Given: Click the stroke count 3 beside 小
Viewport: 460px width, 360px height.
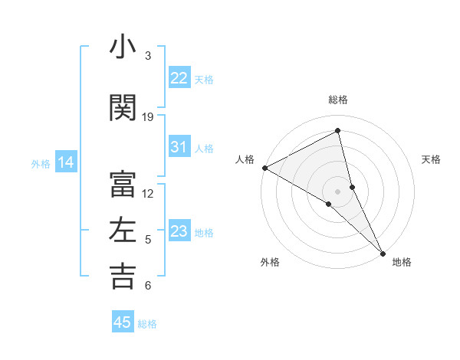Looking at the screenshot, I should (x=148, y=55).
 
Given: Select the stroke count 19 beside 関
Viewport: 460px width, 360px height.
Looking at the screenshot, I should (x=148, y=116).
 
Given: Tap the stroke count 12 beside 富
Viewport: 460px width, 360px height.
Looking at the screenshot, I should (x=148, y=193).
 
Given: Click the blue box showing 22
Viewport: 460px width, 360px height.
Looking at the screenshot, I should (x=179, y=78).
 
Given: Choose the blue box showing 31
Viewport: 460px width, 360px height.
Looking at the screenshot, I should (x=179, y=147).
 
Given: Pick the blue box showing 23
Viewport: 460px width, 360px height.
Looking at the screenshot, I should (x=179, y=231).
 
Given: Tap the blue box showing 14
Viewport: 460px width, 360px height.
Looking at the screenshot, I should (x=65, y=162).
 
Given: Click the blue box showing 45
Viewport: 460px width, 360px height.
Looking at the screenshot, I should (x=123, y=322).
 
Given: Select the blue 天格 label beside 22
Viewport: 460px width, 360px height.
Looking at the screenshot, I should (x=204, y=79).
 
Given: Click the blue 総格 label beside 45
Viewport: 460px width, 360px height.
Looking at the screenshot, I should (x=147, y=323).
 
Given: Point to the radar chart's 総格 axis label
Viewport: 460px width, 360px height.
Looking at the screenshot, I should (x=337, y=100).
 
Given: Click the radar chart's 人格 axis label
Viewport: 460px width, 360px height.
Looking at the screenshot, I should (x=245, y=159).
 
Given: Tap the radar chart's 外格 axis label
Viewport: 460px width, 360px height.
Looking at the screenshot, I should (x=270, y=262).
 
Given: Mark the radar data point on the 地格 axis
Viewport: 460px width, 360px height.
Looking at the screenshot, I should (x=383, y=252).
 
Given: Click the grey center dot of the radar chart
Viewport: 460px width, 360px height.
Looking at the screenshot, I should (x=337, y=190).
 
